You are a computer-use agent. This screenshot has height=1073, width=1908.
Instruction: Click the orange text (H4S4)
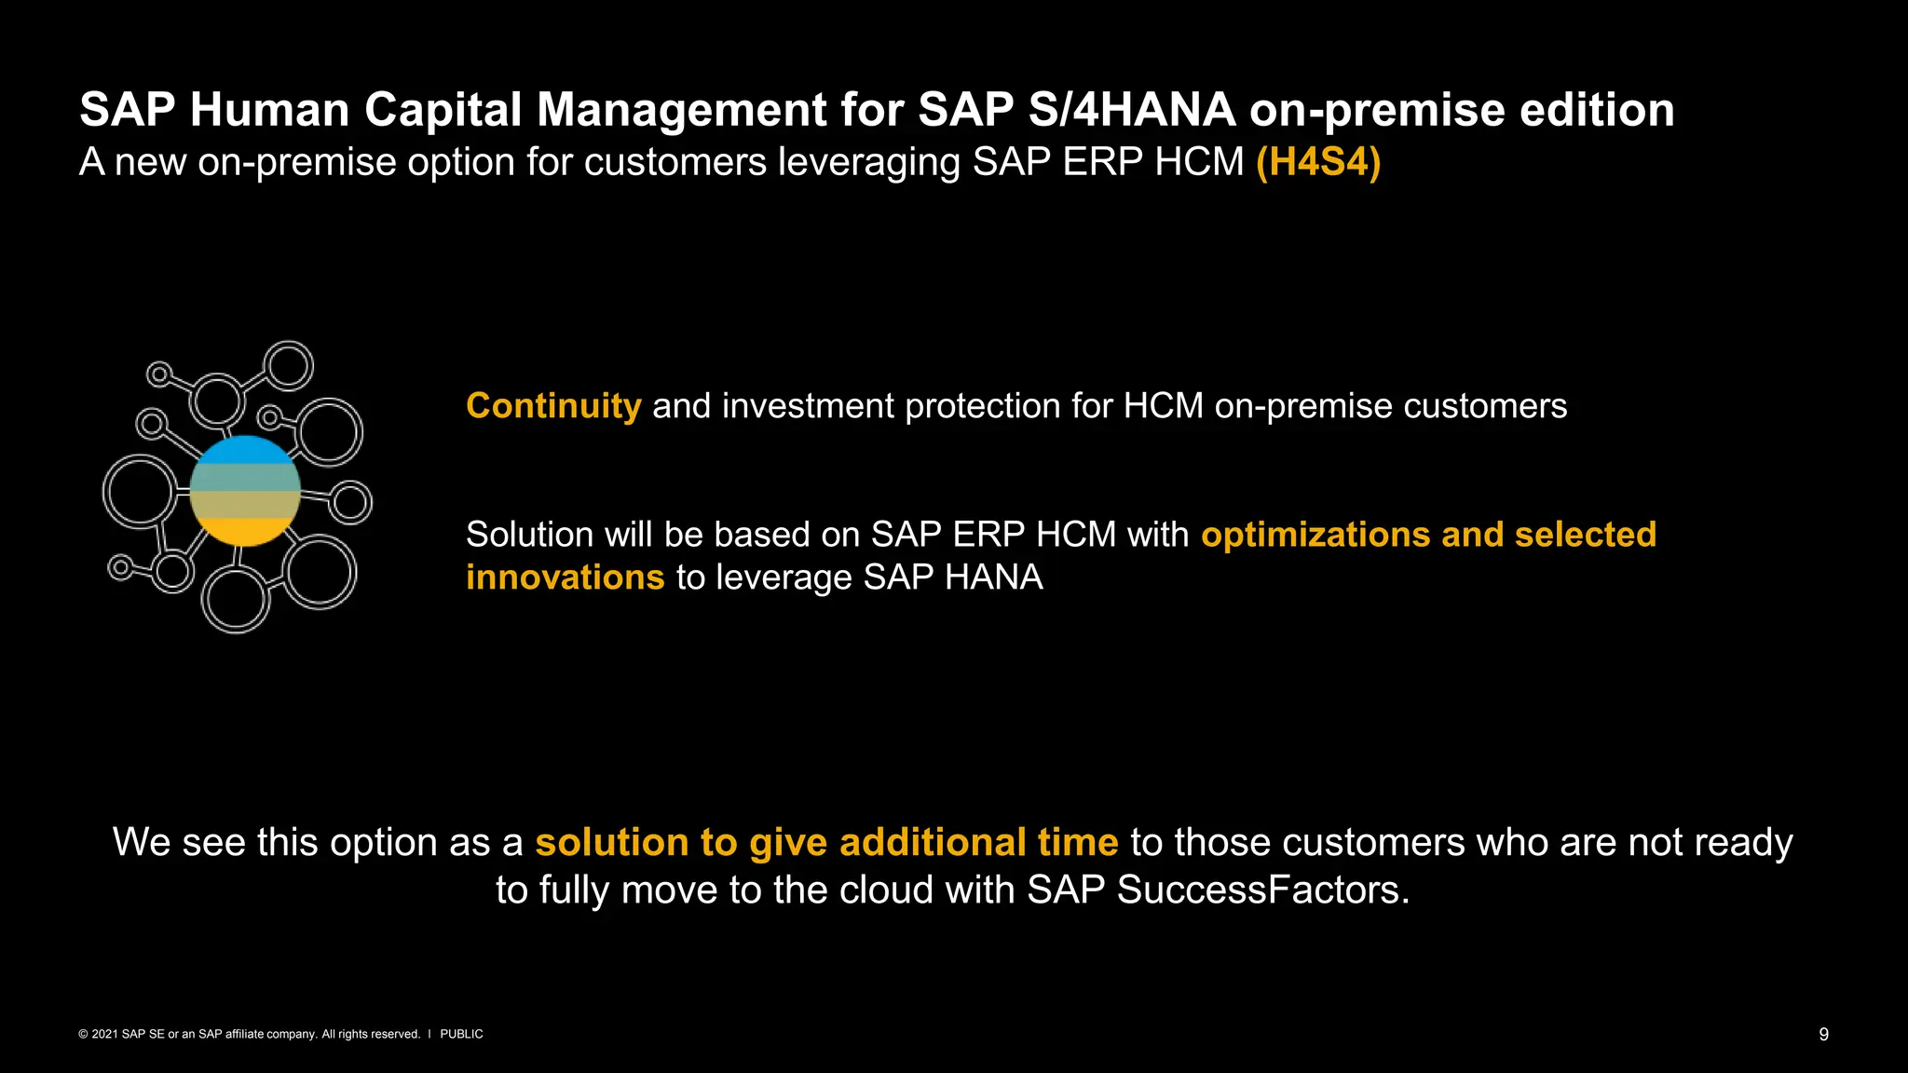point(1317,162)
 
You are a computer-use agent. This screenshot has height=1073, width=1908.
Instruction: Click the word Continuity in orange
point(553,406)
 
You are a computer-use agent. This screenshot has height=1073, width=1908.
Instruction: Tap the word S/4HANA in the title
point(1132,110)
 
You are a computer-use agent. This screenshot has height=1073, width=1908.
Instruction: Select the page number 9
point(1823,1034)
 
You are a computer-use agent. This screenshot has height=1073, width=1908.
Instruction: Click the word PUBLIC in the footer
point(461,1034)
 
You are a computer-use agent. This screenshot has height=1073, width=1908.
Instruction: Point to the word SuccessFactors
point(1262,890)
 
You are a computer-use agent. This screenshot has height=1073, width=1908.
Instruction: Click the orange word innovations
point(565,577)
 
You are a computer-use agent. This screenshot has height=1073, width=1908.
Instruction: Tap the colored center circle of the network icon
point(245,491)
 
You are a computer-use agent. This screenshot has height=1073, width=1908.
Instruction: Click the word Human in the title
point(269,110)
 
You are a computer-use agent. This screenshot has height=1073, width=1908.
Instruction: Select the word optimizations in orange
point(1315,535)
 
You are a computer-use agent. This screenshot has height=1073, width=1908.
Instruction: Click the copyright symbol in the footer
point(83,1034)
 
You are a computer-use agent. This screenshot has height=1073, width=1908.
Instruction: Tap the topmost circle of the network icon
point(288,365)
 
